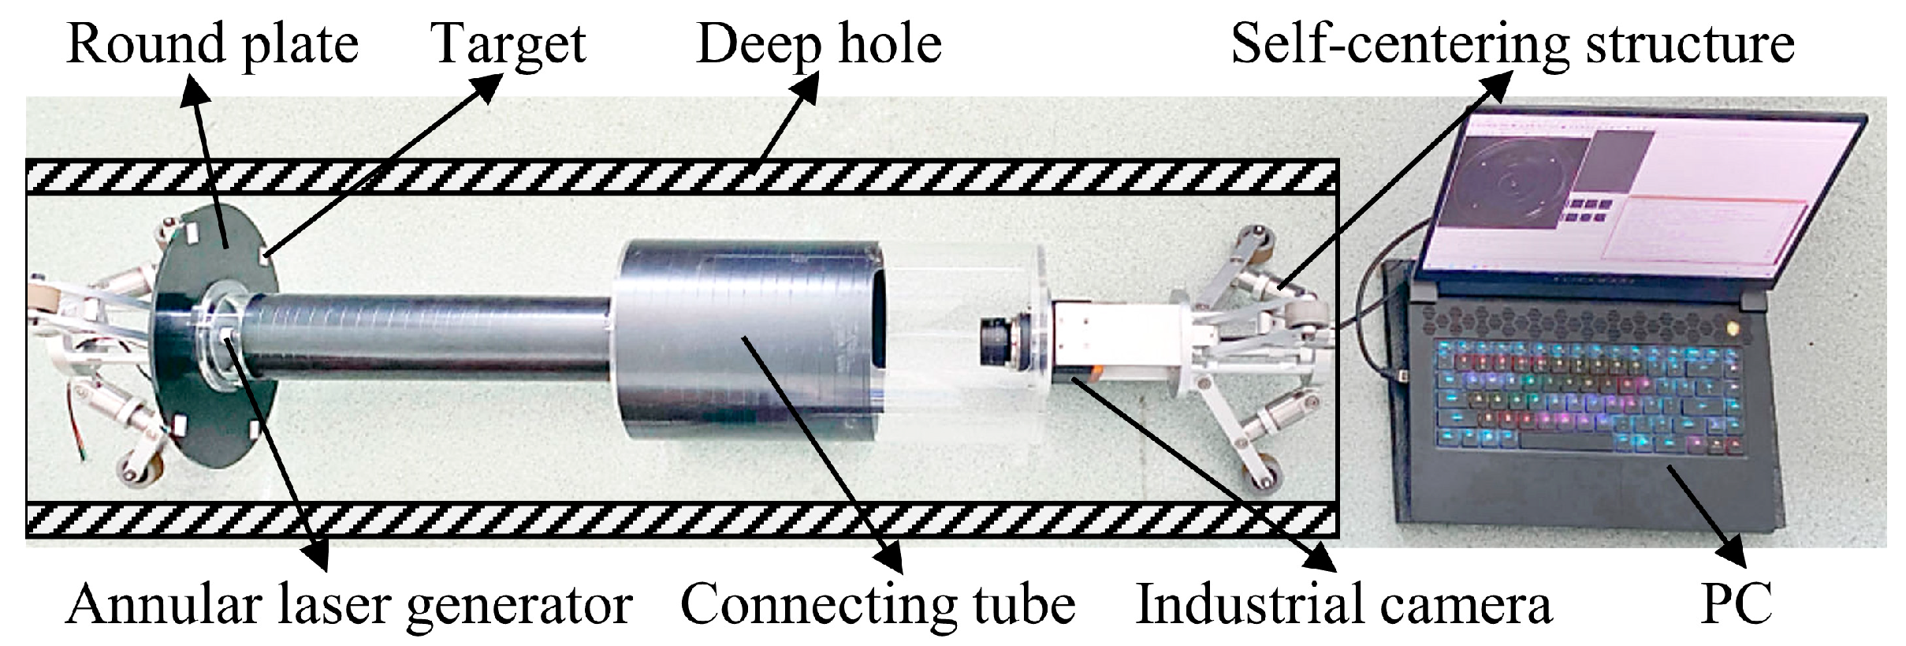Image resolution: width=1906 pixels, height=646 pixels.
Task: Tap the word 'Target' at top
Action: [x=508, y=45]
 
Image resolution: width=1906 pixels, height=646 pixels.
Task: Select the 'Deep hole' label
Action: [x=819, y=45]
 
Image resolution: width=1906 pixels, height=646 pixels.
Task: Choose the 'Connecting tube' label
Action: [x=878, y=606]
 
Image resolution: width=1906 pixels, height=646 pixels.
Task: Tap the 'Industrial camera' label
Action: [x=1344, y=606]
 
